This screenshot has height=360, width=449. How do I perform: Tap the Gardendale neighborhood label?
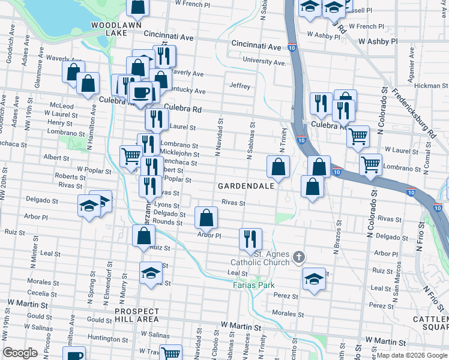tap(246, 186)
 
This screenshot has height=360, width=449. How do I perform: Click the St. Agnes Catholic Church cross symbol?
tap(298, 258)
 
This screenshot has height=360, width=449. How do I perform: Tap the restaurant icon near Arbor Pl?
tap(250, 238)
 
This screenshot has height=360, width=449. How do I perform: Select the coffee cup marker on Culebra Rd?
tap(140, 92)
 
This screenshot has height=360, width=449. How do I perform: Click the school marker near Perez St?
tap(314, 279)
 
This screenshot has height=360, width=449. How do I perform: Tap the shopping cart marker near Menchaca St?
tap(131, 156)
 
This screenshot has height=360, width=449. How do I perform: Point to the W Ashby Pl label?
tap(378, 41)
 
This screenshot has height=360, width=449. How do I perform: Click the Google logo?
tap(20, 353)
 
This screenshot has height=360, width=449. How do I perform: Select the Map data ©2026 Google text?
tap(411, 355)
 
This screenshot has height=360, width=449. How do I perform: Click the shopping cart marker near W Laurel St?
tap(358, 136)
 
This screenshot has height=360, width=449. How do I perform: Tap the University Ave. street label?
tap(264, 61)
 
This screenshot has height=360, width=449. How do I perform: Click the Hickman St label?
tap(427, 86)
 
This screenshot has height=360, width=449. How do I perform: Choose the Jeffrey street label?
tap(240, 86)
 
